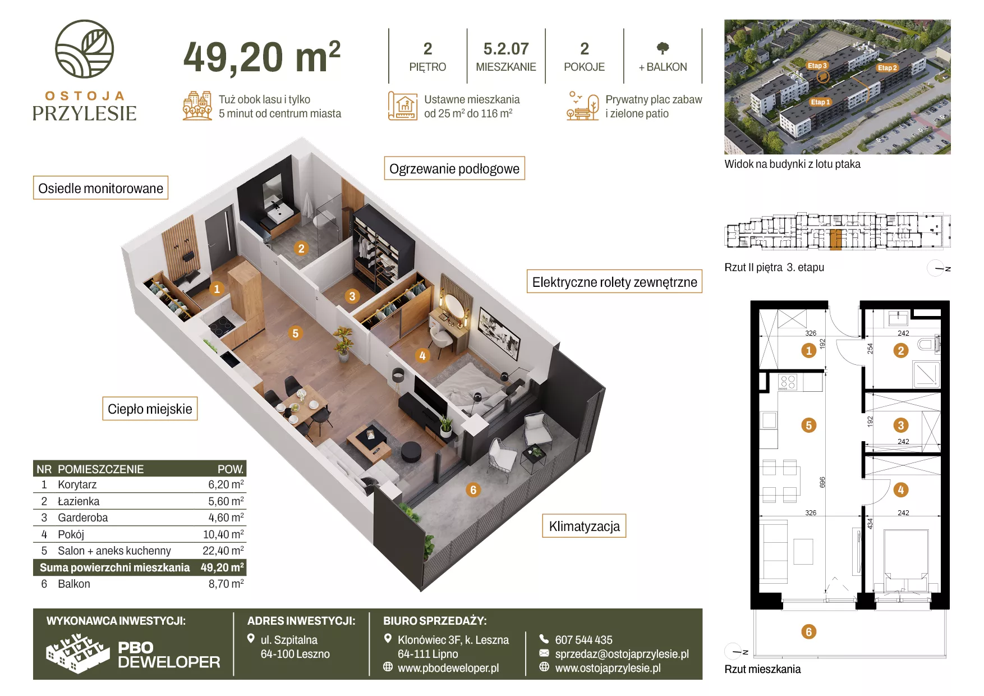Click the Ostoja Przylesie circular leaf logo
[x=84, y=49]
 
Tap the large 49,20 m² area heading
[x=262, y=57]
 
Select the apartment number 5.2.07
[x=506, y=49]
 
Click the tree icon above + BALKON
[x=663, y=48]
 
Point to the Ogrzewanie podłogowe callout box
[x=454, y=168]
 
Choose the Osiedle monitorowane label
[x=100, y=188]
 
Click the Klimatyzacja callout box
[x=584, y=526]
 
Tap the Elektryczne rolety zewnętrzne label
[x=614, y=282]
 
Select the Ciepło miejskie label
[x=150, y=409]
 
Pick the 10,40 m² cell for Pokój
[x=223, y=534]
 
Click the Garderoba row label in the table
[x=82, y=518]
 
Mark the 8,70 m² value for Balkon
[x=226, y=584]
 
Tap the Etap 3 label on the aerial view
[x=817, y=66]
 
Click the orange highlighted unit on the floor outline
[x=835, y=239]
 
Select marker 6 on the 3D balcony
[x=473, y=490]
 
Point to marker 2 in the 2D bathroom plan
[x=901, y=351]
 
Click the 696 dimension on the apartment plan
[x=822, y=482]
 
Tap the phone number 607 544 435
[x=583, y=640]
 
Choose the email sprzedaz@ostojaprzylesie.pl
[x=622, y=654]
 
